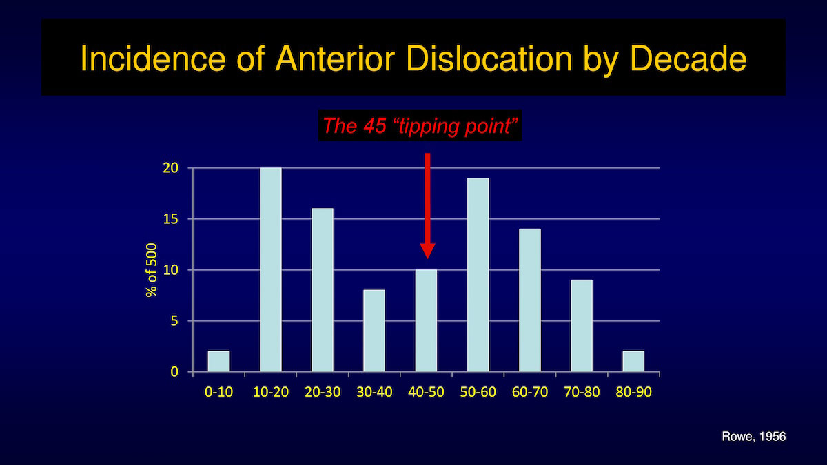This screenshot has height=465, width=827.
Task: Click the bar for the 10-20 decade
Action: (x=271, y=270)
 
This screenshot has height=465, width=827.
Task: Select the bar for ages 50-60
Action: (x=478, y=275)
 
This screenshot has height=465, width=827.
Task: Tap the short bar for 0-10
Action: (x=218, y=361)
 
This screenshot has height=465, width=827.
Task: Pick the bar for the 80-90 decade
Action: (x=633, y=361)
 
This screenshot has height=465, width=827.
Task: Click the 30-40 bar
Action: (x=374, y=331)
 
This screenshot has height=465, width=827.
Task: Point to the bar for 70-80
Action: (x=582, y=325)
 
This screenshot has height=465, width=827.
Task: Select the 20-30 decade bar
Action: (x=323, y=290)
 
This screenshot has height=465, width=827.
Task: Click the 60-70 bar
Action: (x=530, y=300)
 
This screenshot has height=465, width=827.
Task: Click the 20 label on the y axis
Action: (x=170, y=168)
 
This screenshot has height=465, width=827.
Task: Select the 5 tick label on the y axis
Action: (x=174, y=321)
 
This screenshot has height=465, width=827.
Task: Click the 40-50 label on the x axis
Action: (x=426, y=392)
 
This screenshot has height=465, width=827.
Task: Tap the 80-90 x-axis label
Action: (x=633, y=392)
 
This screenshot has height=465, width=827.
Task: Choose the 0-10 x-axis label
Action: (x=218, y=392)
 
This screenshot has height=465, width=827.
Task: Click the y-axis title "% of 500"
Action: (x=152, y=270)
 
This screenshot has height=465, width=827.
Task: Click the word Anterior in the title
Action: (x=335, y=59)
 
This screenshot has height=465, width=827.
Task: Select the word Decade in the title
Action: (x=688, y=59)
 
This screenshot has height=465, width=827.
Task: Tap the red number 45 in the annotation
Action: (x=374, y=126)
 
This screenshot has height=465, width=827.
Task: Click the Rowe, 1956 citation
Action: (x=753, y=437)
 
